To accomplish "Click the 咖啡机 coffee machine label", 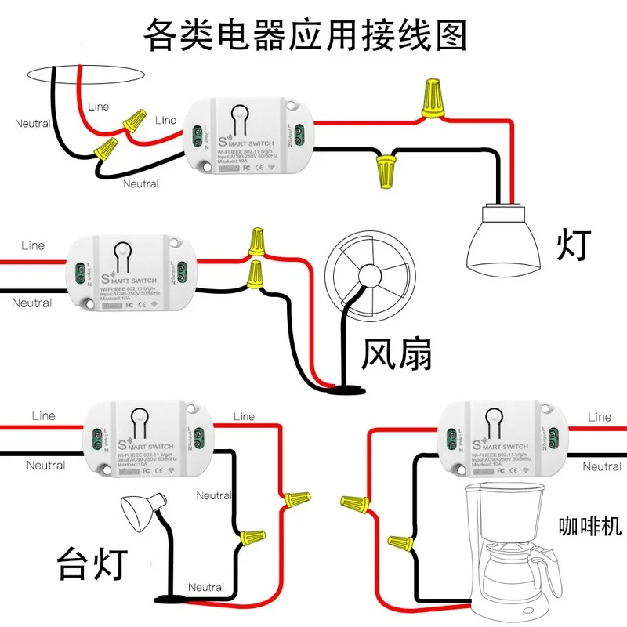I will tap(590, 526).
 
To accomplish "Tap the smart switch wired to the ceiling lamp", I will tap(249, 135).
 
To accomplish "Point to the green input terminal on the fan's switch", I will tap(79, 274).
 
